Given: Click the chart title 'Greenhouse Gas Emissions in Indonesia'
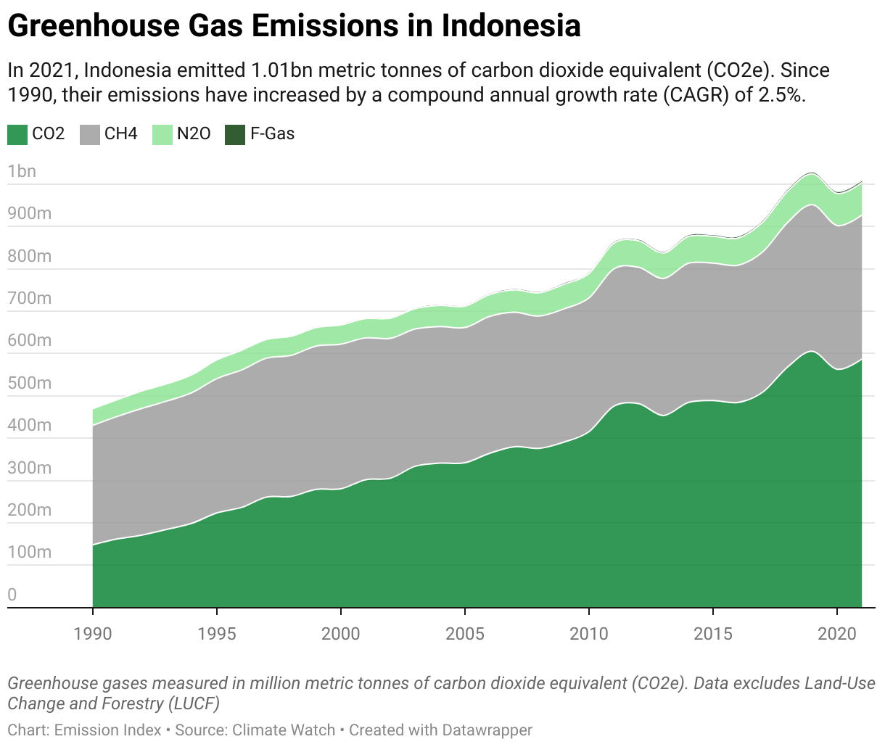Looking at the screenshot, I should coord(294,26).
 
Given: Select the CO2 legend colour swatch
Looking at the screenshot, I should coord(17,134).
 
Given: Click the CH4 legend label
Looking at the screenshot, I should coord(120,134).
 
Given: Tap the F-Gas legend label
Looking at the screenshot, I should coord(272,134).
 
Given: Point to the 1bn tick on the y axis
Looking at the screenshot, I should coord(22,172).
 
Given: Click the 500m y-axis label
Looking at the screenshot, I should coord(29,383).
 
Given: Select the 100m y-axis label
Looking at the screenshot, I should coord(29,552).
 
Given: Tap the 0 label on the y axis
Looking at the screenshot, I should coord(12,595).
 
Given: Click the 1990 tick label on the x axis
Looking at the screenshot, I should coord(93,633).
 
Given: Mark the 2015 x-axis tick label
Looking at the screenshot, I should coord(713,633).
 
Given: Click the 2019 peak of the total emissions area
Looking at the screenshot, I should coord(812,175).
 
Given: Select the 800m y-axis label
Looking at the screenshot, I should coord(29,256).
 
